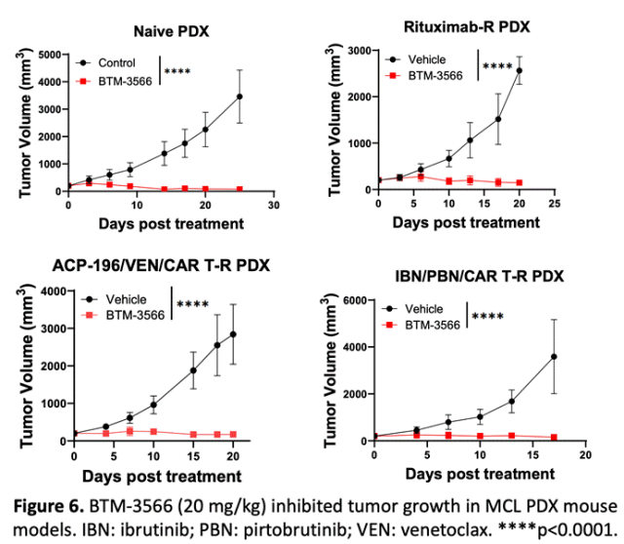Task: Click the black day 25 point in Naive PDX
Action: (240, 97)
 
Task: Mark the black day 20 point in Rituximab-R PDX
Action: (519, 70)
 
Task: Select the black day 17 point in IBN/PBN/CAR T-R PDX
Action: (554, 357)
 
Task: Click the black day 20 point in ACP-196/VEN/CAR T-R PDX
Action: (233, 334)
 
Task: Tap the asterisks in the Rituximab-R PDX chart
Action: (497, 67)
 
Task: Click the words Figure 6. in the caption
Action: (50, 507)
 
